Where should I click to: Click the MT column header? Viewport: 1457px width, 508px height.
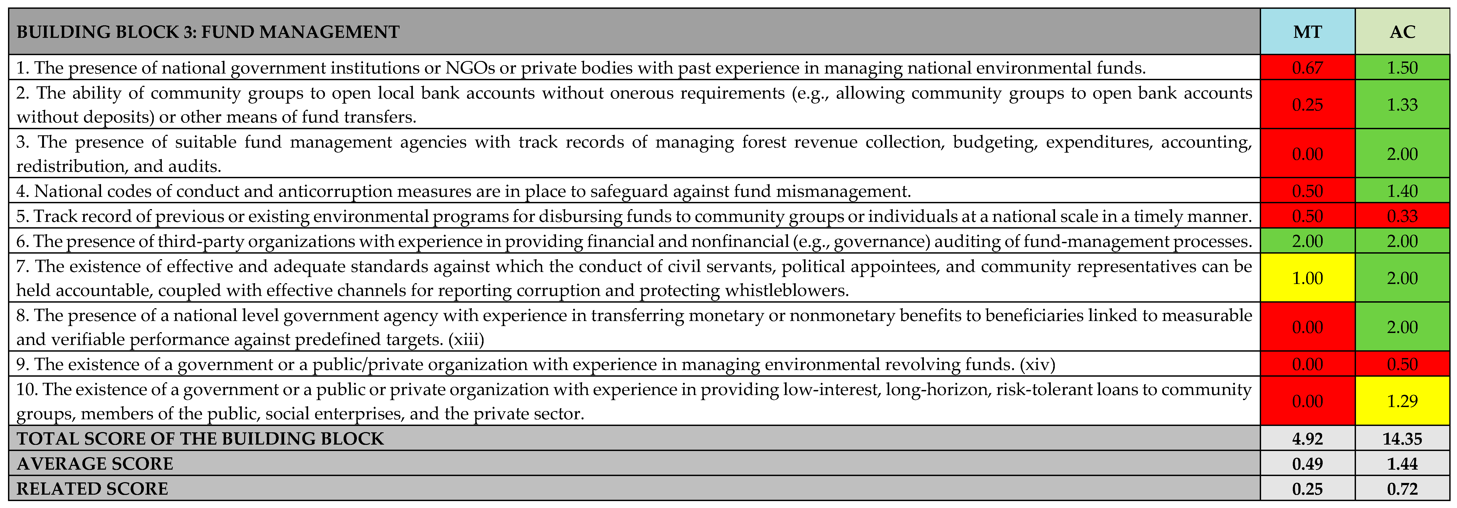pyautogui.click(x=1307, y=32)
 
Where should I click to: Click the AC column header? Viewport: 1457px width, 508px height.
pyautogui.click(x=1402, y=32)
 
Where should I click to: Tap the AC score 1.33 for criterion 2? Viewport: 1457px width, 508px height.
pyautogui.click(x=1402, y=104)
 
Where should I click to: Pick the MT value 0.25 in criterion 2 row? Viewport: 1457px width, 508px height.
pyautogui.click(x=1307, y=104)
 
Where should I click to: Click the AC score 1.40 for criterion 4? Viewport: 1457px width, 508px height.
pyautogui.click(x=1402, y=191)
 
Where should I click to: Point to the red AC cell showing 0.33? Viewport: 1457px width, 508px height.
pyautogui.click(x=1402, y=216)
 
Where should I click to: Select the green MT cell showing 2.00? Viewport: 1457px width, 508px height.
pyautogui.click(x=1307, y=241)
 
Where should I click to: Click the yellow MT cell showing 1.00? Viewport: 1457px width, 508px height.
pyautogui.click(x=1307, y=278)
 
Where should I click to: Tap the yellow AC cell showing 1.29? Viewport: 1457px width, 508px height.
pyautogui.click(x=1402, y=401)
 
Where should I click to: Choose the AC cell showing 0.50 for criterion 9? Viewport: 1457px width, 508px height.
pyautogui.click(x=1402, y=364)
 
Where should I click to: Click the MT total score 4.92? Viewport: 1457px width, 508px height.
pyautogui.click(x=1307, y=438)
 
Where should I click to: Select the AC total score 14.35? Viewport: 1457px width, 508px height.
pyautogui.click(x=1402, y=438)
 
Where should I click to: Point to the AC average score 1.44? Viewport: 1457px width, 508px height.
pyautogui.click(x=1402, y=463)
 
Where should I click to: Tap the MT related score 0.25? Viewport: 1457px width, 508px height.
pyautogui.click(x=1307, y=488)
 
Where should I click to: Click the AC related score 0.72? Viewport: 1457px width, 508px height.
pyautogui.click(x=1402, y=488)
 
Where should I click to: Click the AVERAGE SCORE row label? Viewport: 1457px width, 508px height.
pyautogui.click(x=95, y=463)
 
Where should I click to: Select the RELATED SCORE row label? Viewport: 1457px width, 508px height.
pyautogui.click(x=92, y=488)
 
